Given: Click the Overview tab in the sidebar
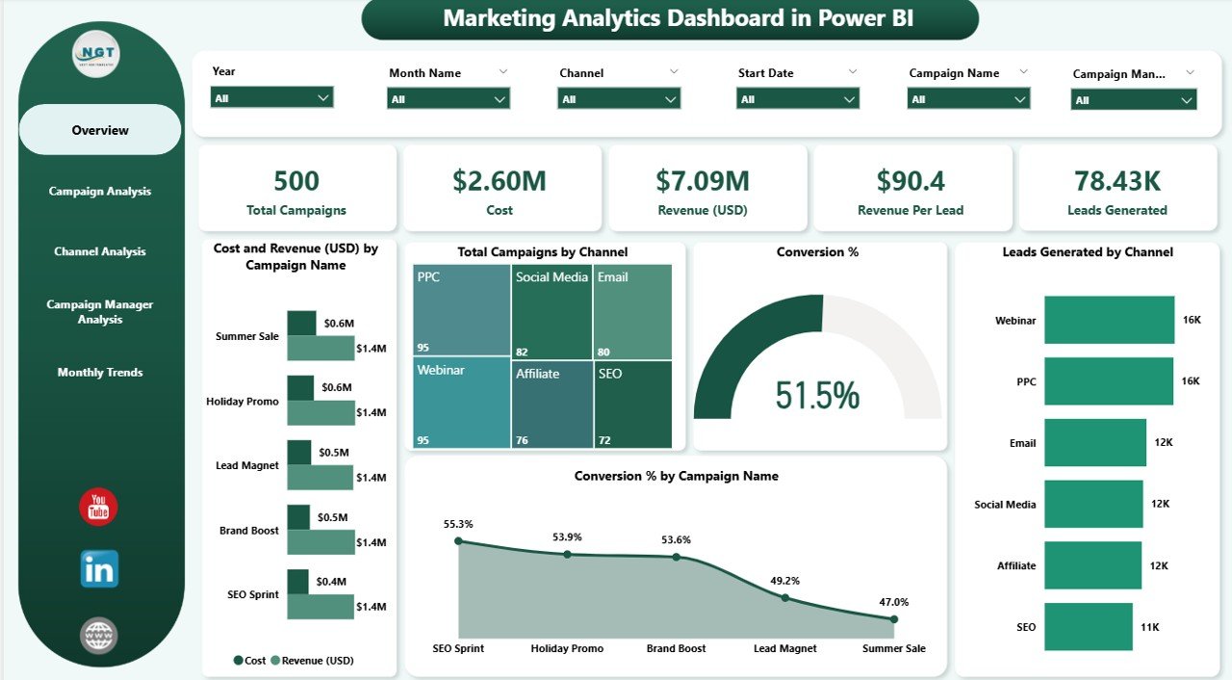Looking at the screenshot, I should tap(100, 130).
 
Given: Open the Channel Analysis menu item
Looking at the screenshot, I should tap(100, 251).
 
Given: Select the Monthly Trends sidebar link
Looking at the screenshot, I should tap(100, 373).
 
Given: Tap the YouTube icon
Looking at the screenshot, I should tap(98, 508).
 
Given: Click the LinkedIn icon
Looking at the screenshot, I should tap(99, 569).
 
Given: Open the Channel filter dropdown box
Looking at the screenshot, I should tap(619, 98).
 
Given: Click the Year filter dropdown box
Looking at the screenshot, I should tap(271, 97).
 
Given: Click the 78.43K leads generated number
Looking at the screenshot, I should tap(1116, 181).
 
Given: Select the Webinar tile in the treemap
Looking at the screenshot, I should tap(461, 402).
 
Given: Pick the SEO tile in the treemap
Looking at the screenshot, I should tap(633, 404).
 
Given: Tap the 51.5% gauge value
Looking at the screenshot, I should tap(817, 396).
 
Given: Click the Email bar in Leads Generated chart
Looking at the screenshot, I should tap(1094, 442).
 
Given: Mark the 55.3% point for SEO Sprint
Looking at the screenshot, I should tap(459, 541).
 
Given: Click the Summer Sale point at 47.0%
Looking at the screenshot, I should tap(894, 619).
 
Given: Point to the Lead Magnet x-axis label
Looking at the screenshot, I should tap(785, 648).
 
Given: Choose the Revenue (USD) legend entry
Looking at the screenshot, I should tap(312, 661).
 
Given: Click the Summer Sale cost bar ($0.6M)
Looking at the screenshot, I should tap(301, 323).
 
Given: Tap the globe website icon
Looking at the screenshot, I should tap(99, 636).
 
